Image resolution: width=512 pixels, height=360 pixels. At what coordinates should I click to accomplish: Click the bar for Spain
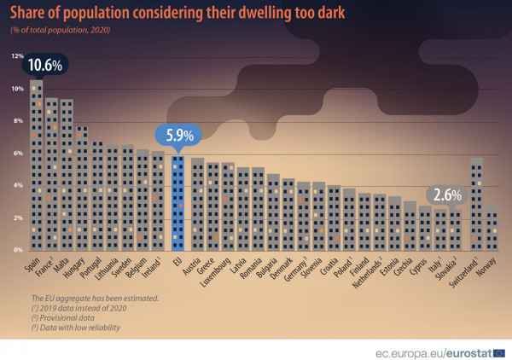[37, 171]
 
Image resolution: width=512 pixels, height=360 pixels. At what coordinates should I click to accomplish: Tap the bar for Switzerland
[476, 205]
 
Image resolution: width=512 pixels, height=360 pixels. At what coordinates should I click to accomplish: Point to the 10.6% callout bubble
[44, 66]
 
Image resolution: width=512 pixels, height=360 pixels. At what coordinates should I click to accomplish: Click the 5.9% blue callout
[176, 135]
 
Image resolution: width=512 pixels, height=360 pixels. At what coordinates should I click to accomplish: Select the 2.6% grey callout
[446, 195]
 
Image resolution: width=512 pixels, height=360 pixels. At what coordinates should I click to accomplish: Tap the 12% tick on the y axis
[17, 56]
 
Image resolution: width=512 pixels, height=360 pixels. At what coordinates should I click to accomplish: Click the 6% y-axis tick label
[18, 153]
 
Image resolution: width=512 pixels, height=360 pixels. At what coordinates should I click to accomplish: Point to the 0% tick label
[18, 250]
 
